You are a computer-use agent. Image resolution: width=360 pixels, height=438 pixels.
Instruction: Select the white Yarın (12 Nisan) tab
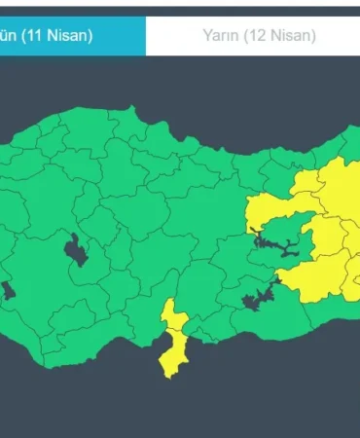[259, 36]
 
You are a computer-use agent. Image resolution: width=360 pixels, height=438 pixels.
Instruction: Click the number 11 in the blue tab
[40, 36]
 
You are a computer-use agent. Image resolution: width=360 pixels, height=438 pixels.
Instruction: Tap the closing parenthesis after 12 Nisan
[313, 36]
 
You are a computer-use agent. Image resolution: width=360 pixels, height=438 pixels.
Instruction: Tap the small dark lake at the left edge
[6, 289]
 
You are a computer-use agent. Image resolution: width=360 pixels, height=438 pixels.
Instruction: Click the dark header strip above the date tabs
[180, 8]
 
